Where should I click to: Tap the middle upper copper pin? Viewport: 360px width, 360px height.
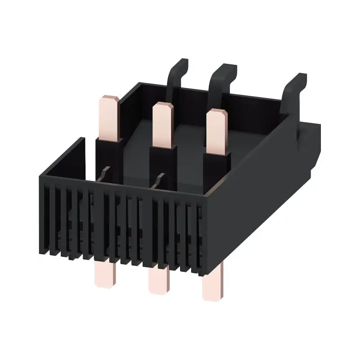pyautogui.click(x=163, y=124)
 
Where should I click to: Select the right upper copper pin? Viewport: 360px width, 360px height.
pyautogui.click(x=217, y=130)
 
